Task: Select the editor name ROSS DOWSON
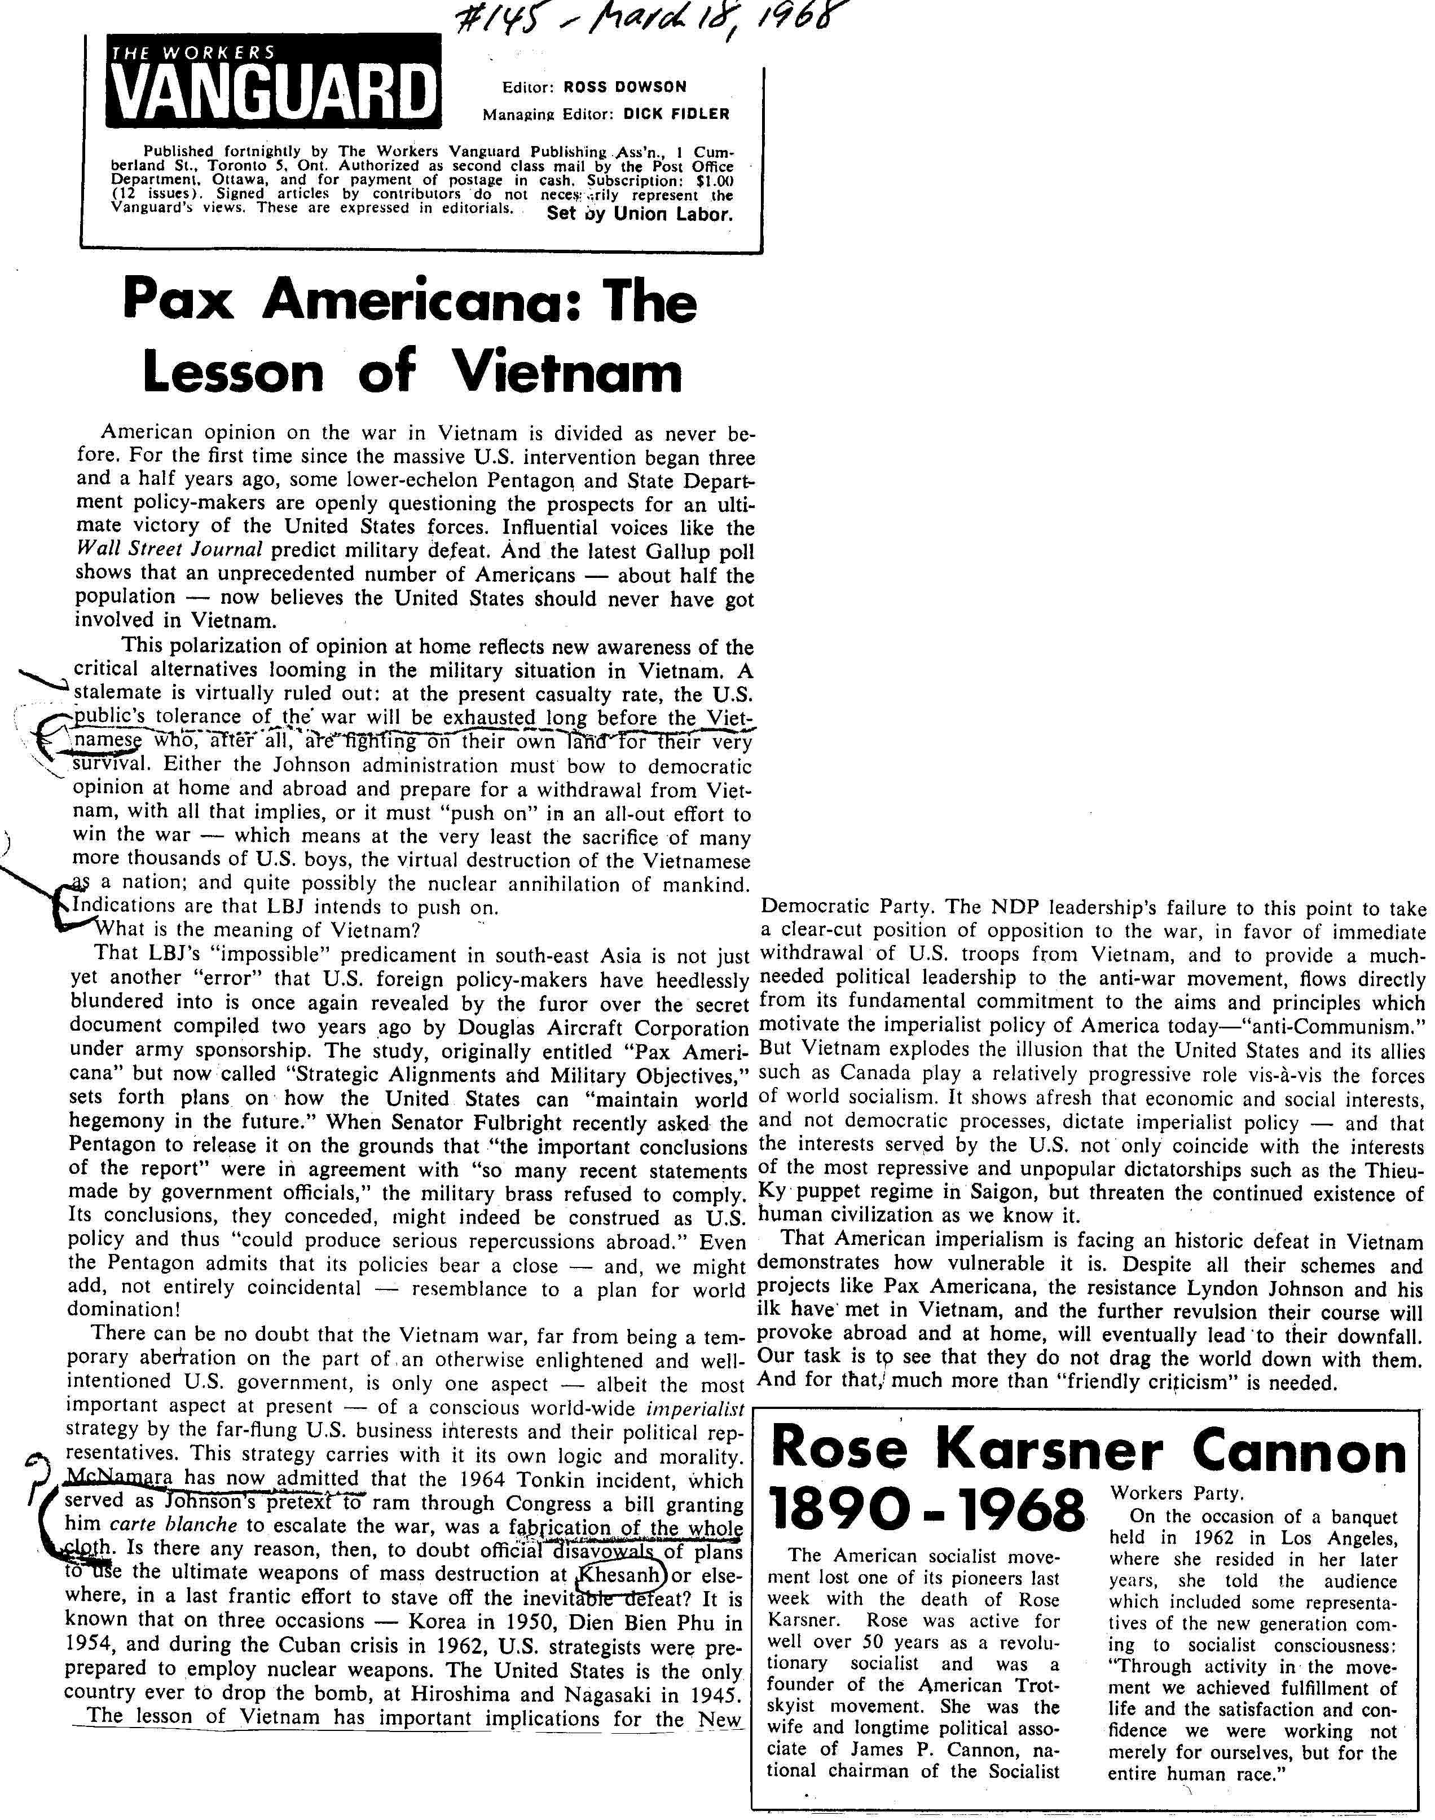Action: [624, 86]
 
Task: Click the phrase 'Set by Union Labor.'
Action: [639, 213]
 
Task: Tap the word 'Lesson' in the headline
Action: [235, 373]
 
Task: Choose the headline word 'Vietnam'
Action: [567, 373]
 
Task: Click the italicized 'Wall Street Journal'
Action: [169, 550]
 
